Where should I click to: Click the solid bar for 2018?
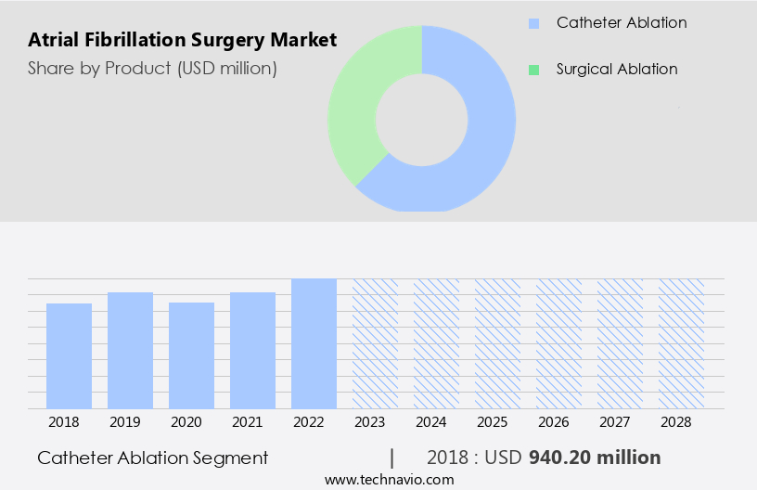pyautogui.click(x=69, y=356)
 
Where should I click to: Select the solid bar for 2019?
pyautogui.click(x=130, y=351)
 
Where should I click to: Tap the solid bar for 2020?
pyautogui.click(x=191, y=355)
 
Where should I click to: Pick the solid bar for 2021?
pyautogui.click(x=252, y=351)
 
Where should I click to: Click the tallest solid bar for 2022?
pyautogui.click(x=314, y=343)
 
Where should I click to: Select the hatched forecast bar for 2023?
pyautogui.click(x=375, y=343)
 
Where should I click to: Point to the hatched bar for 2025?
pyautogui.click(x=497, y=343)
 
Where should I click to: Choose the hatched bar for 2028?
pyautogui.click(x=681, y=343)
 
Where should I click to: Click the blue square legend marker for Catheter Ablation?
pyautogui.click(x=532, y=23)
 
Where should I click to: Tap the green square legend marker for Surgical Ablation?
pyautogui.click(x=532, y=70)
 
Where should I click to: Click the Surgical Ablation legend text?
pyautogui.click(x=617, y=70)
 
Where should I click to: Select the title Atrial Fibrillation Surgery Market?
pyautogui.click(x=183, y=41)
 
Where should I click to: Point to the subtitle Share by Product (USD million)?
pyautogui.click(x=152, y=69)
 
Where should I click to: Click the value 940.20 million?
pyautogui.click(x=595, y=458)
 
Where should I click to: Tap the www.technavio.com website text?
pyautogui.click(x=390, y=480)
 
